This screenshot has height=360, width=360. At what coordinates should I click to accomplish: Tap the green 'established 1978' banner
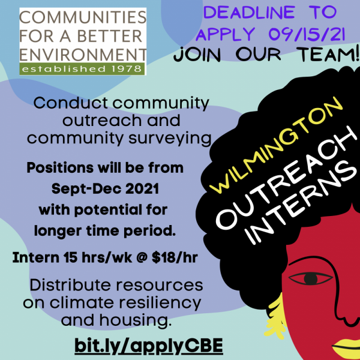(82, 68)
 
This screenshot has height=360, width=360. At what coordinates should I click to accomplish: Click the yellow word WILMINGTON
(276, 145)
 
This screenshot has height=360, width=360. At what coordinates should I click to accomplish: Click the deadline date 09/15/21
(307, 34)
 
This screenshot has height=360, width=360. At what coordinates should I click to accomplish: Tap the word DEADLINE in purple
(249, 13)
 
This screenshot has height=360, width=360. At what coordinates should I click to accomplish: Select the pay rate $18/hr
(175, 257)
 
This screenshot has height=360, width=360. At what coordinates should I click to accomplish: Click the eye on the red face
(311, 279)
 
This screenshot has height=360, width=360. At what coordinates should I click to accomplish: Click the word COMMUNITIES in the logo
(83, 17)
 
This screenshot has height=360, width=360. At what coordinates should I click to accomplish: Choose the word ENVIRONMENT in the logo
(83, 55)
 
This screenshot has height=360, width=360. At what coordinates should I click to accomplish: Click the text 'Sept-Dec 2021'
(105, 189)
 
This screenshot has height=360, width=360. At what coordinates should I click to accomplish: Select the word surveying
(170, 139)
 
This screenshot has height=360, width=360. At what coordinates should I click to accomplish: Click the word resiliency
(160, 302)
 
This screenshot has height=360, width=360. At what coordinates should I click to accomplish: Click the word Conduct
(71, 103)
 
